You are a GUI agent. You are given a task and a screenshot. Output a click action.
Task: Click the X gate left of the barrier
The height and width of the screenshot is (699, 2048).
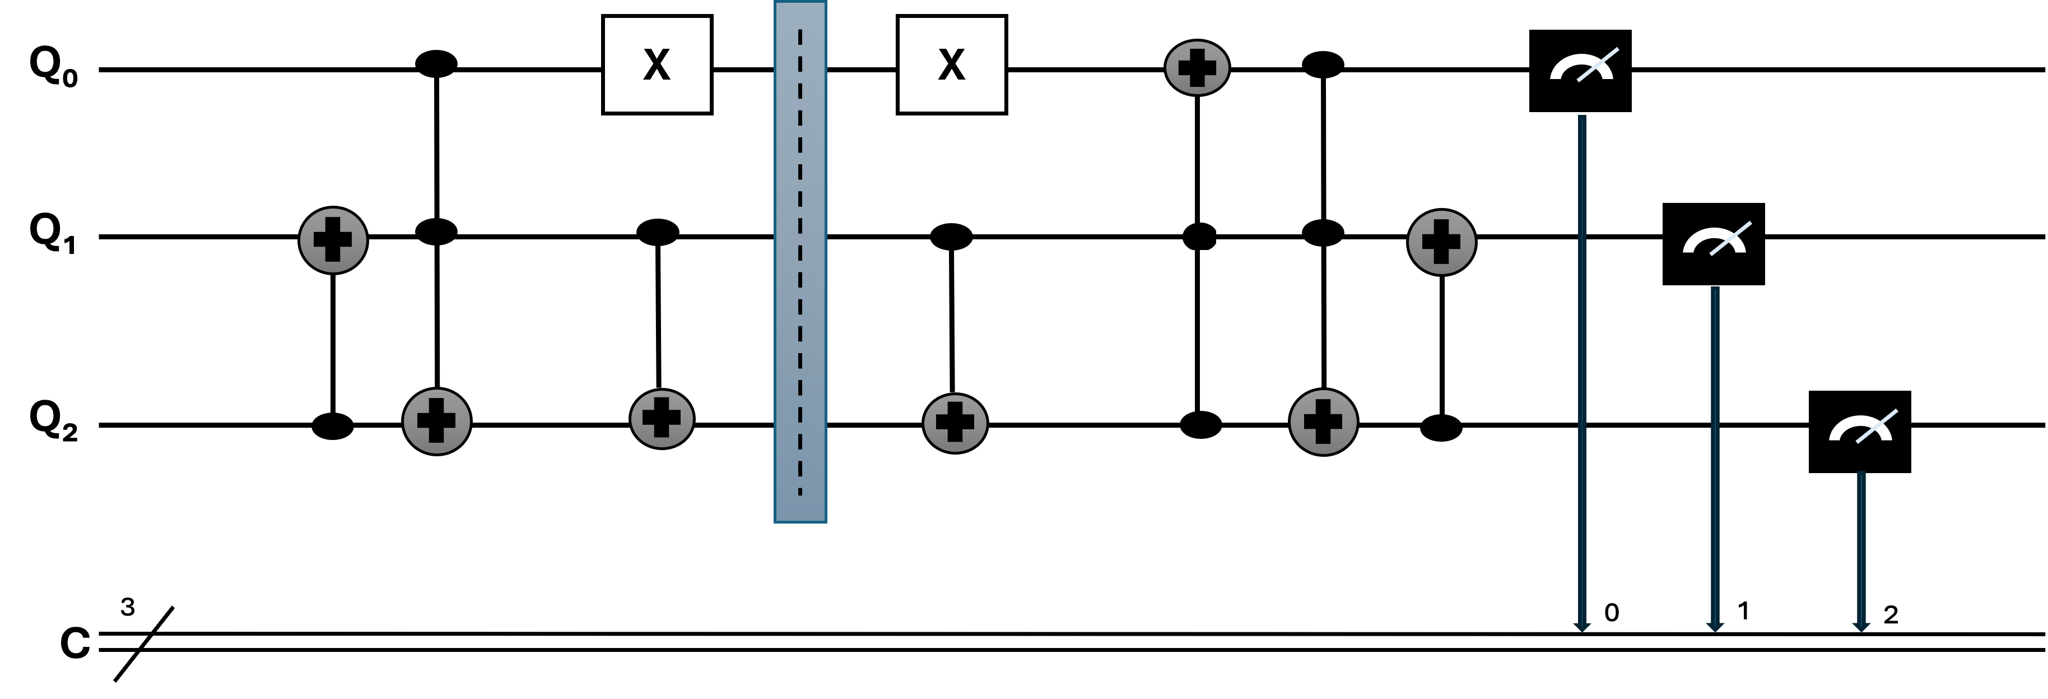[657, 64]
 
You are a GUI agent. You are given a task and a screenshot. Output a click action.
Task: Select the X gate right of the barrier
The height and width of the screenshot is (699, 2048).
[952, 64]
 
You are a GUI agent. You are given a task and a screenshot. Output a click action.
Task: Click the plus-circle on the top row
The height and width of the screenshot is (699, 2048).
[1197, 68]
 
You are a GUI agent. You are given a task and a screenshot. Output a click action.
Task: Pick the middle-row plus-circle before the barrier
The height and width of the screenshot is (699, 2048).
[333, 240]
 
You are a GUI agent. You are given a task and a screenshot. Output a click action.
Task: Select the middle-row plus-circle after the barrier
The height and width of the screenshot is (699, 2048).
[1441, 243]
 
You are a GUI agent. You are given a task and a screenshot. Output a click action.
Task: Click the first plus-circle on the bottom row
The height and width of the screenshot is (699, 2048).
[436, 422]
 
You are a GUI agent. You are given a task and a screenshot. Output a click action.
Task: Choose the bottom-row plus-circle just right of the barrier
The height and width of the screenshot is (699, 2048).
[955, 423]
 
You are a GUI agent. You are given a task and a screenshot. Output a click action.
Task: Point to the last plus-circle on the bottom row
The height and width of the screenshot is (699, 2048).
[1323, 422]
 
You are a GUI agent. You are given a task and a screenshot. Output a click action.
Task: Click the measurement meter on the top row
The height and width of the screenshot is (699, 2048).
[1581, 68]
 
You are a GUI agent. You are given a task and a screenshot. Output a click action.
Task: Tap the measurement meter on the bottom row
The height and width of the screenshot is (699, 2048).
[1860, 429]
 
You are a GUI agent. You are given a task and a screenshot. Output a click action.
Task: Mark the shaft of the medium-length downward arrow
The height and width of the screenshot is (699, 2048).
[1715, 453]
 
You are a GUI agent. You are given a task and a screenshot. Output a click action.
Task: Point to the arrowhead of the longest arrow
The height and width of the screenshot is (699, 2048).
[1582, 627]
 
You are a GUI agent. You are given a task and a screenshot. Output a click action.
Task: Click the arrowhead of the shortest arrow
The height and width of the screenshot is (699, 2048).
[1861, 627]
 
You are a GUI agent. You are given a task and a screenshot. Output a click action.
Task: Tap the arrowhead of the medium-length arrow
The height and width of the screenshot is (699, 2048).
[1715, 627]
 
